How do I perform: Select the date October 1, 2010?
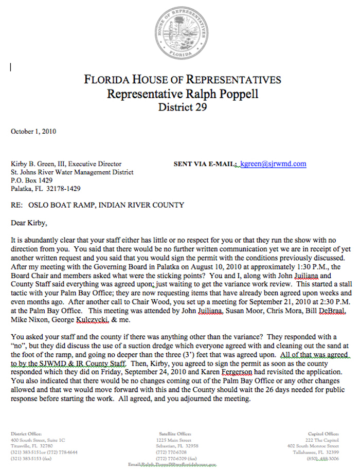pyautogui.click(x=33, y=132)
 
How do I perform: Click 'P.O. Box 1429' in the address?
pyautogui.click(x=32, y=180)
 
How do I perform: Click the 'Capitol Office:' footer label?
pyautogui.click(x=324, y=434)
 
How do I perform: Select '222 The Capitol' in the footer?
pyautogui.click(x=323, y=440)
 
